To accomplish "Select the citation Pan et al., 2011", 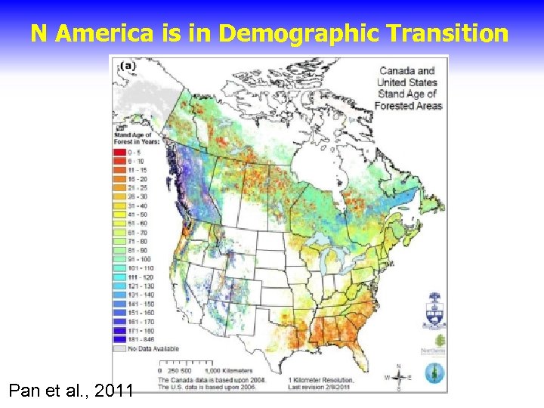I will point(71,391).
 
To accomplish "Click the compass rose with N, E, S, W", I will point(398,376).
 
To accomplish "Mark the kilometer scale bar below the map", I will point(190,371).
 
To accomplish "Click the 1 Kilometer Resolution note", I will point(321,381).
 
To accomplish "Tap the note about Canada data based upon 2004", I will point(199,381).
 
